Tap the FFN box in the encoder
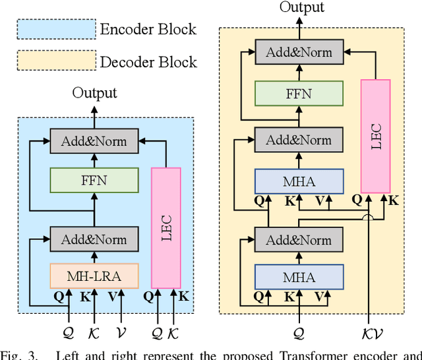(x=94, y=179)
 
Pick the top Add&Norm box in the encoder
(x=94, y=141)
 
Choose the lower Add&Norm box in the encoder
(x=94, y=238)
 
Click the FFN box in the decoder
(x=299, y=94)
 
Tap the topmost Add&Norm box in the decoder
(x=299, y=52)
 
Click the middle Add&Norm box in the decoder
(x=299, y=140)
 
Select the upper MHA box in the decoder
(x=299, y=180)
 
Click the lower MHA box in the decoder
(x=299, y=277)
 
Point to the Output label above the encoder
(x=94, y=93)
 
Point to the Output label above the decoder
(x=302, y=7)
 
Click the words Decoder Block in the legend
(x=148, y=62)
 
